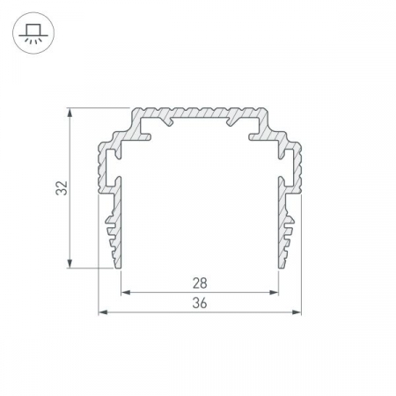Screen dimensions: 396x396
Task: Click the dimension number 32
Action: [62, 188]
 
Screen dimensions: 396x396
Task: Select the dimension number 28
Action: [200, 283]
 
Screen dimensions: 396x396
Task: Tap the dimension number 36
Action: [200, 303]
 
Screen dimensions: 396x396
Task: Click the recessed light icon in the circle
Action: [33, 33]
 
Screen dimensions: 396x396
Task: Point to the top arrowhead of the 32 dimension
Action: [70, 113]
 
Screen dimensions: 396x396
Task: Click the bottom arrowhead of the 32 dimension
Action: [70, 263]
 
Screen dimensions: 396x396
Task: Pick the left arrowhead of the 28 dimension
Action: [126, 292]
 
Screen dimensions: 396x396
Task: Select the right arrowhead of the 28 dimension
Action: [274, 292]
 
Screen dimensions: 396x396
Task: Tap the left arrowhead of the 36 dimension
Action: [103, 312]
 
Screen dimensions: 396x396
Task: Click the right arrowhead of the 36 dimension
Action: [297, 312]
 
